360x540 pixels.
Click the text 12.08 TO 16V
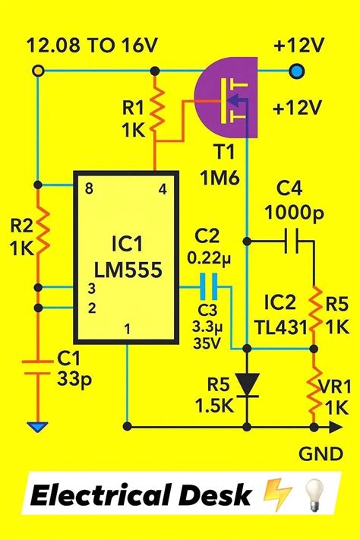pos(92,46)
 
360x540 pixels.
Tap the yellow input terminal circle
pos(36,71)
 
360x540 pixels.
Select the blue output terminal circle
pos(297,72)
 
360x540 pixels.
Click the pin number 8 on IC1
pos(89,189)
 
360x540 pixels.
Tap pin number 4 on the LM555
pos(161,189)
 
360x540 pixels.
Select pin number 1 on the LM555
pos(127,328)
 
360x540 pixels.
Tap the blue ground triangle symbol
pos(36,428)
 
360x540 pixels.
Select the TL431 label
pos(282,328)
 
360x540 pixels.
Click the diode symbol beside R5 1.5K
pos(245,384)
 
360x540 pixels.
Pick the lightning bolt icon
pos(270,496)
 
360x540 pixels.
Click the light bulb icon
pos(311,495)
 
